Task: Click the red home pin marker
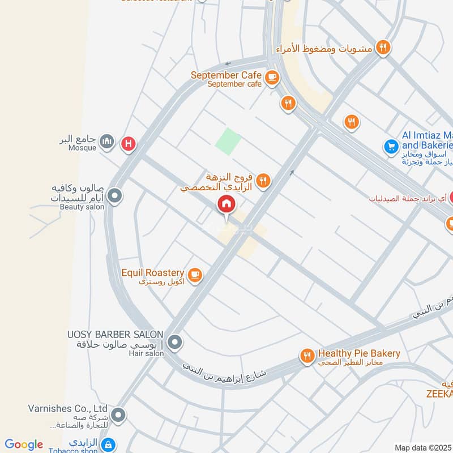click(225, 204)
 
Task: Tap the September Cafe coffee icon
click(272, 78)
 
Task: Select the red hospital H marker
click(129, 144)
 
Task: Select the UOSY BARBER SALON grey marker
click(175, 341)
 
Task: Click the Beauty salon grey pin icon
click(115, 196)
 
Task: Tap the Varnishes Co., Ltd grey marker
click(118, 415)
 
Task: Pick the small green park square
click(228, 141)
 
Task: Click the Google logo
click(24, 445)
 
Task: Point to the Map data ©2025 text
click(422, 447)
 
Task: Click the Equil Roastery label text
click(153, 273)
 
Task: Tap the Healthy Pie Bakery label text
click(359, 353)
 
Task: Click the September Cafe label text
click(226, 75)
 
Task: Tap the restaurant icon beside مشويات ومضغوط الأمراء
click(384, 48)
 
